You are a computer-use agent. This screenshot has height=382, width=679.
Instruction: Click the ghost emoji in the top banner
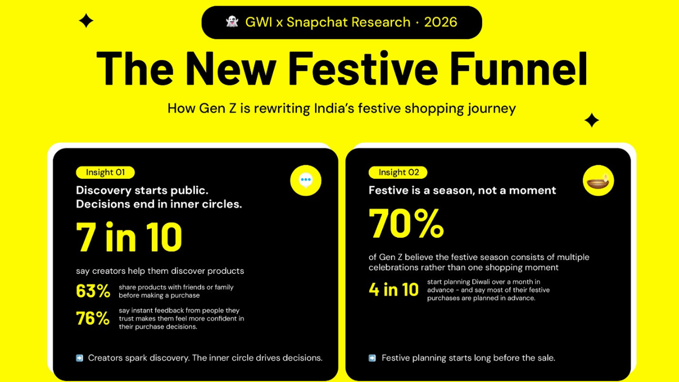coord(232,22)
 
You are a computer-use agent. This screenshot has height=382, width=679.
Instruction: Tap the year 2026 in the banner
coord(440,22)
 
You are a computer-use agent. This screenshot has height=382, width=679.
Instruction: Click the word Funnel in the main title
coord(519,69)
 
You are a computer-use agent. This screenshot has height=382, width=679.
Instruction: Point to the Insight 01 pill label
coord(105,172)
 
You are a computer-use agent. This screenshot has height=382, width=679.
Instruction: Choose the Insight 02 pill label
coord(398,172)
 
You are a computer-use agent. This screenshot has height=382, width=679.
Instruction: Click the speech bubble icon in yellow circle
coord(306,181)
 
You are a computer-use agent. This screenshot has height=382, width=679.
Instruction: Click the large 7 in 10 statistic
coord(129,237)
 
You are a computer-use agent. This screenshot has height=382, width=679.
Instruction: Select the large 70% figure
coord(406,224)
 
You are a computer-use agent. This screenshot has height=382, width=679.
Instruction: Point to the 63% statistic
coord(93,291)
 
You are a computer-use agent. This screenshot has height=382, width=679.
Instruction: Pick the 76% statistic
coord(93,318)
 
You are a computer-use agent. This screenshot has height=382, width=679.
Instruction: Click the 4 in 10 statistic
coord(393,290)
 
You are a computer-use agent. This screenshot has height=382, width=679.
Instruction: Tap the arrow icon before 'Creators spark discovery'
coord(79,358)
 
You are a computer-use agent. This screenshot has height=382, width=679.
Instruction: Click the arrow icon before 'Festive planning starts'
coord(372,358)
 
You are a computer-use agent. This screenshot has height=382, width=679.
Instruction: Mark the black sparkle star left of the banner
coord(86,20)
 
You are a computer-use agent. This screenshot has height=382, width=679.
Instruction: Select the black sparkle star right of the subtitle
coord(592,121)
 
